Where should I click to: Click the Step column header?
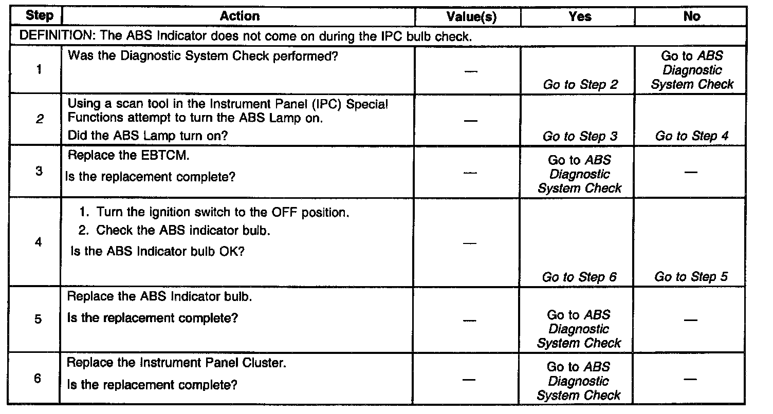39,16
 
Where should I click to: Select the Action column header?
240,16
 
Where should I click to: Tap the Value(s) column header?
471,17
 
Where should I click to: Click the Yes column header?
580,16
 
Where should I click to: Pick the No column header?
692,16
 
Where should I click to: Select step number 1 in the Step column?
39,70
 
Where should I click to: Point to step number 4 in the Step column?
39,242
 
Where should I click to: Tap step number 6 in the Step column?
38,380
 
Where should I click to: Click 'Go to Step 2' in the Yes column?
580,85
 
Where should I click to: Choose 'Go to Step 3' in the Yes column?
580,136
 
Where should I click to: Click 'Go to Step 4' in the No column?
692,136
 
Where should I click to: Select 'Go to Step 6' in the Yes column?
579,277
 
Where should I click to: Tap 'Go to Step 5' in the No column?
691,277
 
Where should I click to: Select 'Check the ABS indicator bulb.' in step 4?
182,230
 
